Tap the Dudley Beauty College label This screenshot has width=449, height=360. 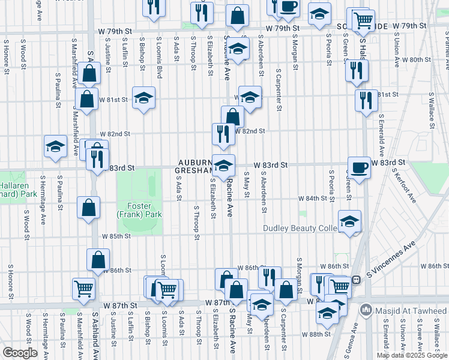coord(303,229)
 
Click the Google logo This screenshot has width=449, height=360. coord(20,353)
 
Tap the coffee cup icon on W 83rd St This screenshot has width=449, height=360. coord(359,167)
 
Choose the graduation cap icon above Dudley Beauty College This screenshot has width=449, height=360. coord(349,221)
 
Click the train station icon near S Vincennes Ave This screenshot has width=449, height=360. coord(356,279)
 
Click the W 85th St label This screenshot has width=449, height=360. coord(116,236)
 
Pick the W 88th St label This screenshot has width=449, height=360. coord(317,334)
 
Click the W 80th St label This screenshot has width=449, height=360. coord(417,59)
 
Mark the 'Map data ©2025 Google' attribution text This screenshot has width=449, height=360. coord(412,355)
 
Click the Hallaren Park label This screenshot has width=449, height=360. coord(13,190)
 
